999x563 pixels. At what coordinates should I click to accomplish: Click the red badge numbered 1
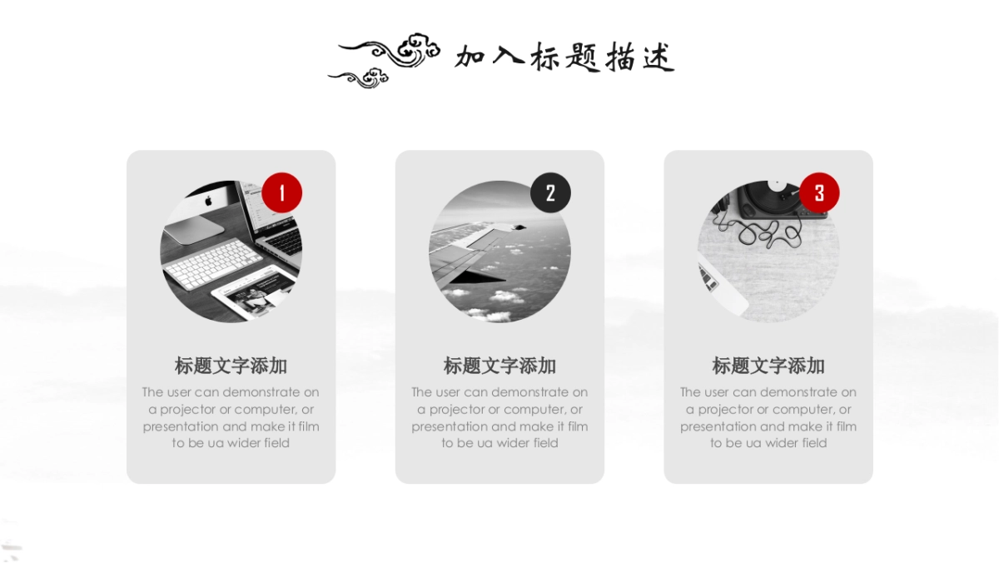[x=281, y=193]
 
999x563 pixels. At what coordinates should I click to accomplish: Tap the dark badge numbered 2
[x=550, y=193]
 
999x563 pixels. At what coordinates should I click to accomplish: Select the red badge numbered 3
[x=819, y=193]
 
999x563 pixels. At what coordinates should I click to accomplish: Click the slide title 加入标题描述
[x=564, y=57]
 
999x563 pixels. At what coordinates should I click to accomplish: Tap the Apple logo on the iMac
[x=209, y=201]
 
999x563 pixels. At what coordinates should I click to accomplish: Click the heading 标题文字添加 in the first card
[x=231, y=366]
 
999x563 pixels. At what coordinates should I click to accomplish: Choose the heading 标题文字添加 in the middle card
[x=499, y=366]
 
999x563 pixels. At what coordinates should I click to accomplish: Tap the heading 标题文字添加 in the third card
[x=768, y=366]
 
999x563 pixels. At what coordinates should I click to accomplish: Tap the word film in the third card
[x=845, y=426]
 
